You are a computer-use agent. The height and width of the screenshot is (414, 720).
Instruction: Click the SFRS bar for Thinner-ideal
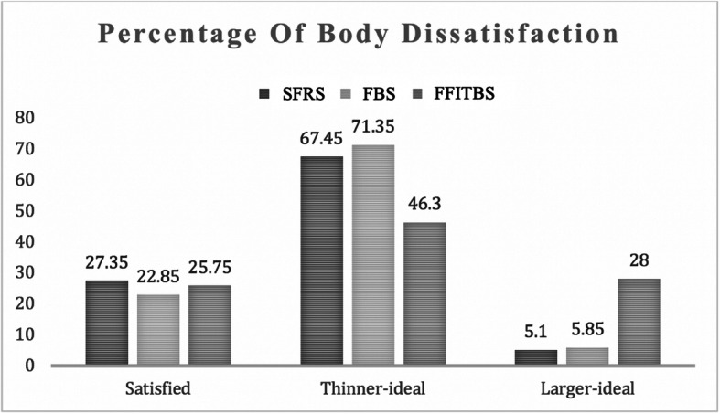(x=321, y=260)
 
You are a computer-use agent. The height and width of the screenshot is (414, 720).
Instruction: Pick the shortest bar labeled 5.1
(x=536, y=357)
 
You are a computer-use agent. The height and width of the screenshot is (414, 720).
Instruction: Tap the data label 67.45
(x=321, y=142)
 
